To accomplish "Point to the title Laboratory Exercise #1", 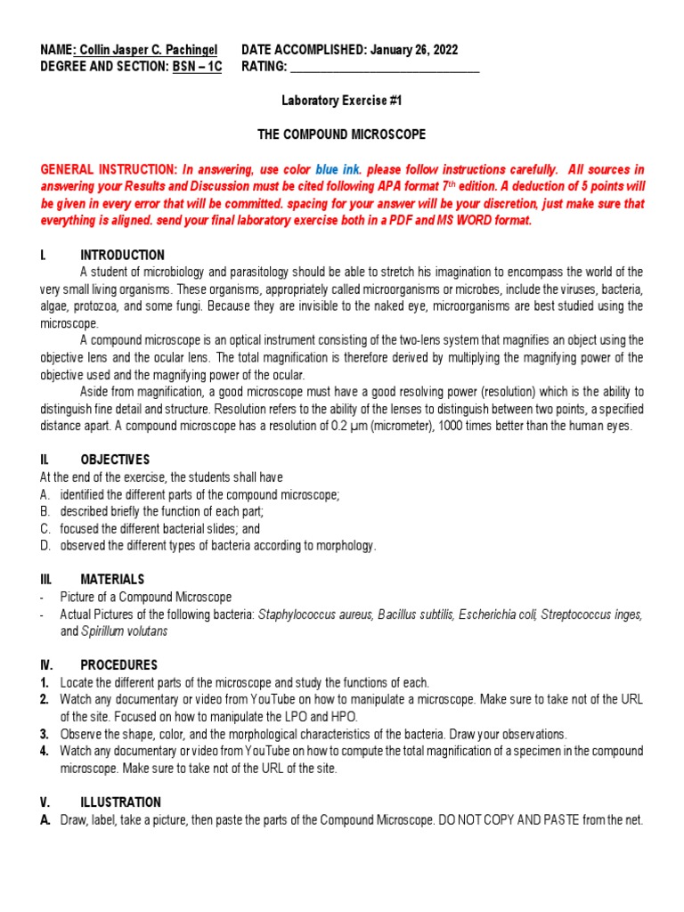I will pyautogui.click(x=342, y=102).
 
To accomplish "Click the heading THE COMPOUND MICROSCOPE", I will pyautogui.click(x=342, y=134).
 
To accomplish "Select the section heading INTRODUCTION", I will pyautogui.click(x=122, y=255).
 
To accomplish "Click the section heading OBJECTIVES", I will pyautogui.click(x=115, y=460).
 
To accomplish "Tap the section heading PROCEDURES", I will pyautogui.click(x=118, y=665).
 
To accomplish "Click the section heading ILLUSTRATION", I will pyautogui.click(x=120, y=802).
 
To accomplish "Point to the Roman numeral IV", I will pyautogui.click(x=46, y=665).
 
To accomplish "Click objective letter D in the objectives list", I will pyautogui.click(x=45, y=545).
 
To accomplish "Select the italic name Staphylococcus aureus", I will pyautogui.click(x=314, y=615).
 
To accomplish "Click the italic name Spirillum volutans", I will pyautogui.click(x=124, y=631).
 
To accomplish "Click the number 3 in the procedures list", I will pyautogui.click(x=44, y=734).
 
